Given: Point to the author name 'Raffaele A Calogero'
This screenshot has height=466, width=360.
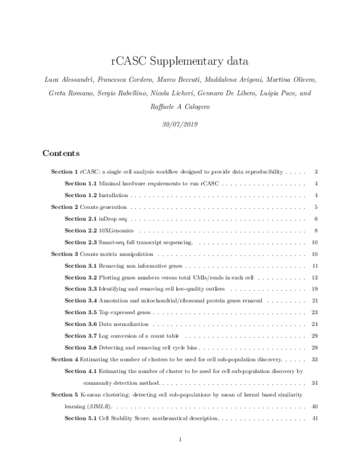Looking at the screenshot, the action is (x=180, y=109).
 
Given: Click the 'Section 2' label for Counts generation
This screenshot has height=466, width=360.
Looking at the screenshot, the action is (x=65, y=207).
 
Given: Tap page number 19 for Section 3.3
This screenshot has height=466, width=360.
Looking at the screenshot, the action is (x=314, y=289).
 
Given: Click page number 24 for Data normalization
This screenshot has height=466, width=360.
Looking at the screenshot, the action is (x=314, y=324).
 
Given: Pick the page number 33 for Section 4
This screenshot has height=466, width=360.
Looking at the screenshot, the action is (x=314, y=359).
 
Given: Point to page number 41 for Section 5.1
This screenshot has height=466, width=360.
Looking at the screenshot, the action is (x=314, y=418).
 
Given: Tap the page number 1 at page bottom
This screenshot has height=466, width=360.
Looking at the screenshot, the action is (x=180, y=441).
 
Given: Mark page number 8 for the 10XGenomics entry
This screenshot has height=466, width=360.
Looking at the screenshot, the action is (x=316, y=230).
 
